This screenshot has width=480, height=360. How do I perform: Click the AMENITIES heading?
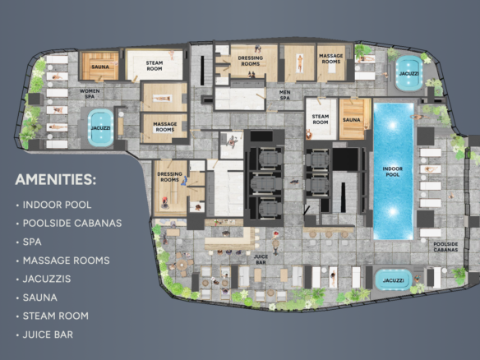pyautogui.click(x=55, y=179)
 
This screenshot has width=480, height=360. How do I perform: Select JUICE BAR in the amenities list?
pyautogui.click(x=48, y=335)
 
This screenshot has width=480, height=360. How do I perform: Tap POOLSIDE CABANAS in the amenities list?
pyautogui.click(x=72, y=224)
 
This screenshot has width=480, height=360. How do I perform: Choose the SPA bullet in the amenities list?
pyautogui.click(x=32, y=242)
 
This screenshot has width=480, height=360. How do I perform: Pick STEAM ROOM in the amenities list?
pyautogui.click(x=56, y=316)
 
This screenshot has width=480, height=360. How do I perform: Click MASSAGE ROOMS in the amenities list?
pyautogui.click(x=67, y=261)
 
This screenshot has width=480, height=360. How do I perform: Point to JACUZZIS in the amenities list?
pyautogui.click(x=47, y=279)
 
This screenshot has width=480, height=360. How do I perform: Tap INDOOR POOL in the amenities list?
pyautogui.click(x=58, y=205)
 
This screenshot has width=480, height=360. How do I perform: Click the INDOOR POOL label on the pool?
pyautogui.click(x=392, y=172)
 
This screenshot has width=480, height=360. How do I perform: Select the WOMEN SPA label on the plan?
pyautogui.click(x=90, y=94)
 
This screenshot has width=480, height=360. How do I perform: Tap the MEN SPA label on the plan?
pyautogui.click(x=284, y=95)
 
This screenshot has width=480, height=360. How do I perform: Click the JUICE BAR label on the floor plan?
pyautogui.click(x=261, y=259)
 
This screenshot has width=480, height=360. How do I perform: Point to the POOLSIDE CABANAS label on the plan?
pyautogui.click(x=445, y=247)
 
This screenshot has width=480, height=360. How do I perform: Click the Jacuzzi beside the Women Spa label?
pyautogui.click(x=101, y=128)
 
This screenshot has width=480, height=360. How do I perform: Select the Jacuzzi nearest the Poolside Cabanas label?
pyautogui.click(x=394, y=280)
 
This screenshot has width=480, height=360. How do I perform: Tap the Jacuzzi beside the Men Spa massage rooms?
pyautogui.click(x=408, y=73)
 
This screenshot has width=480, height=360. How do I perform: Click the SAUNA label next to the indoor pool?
pyautogui.click(x=352, y=120)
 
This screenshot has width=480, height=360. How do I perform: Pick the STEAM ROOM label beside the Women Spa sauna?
pyautogui.click(x=155, y=66)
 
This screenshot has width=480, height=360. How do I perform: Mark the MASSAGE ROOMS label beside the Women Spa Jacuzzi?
pyautogui.click(x=165, y=127)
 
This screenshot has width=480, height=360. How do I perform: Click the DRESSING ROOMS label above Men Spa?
pyautogui.click(x=251, y=61)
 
